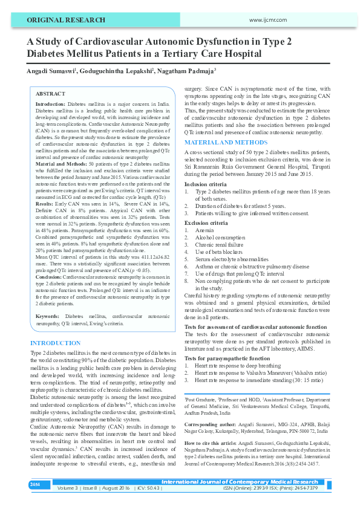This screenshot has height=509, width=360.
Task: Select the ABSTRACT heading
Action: [x=50, y=94]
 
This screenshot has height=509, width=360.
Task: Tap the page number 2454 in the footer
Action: [x=35, y=484]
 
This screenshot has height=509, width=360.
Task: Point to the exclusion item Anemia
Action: [x=205, y=230]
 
